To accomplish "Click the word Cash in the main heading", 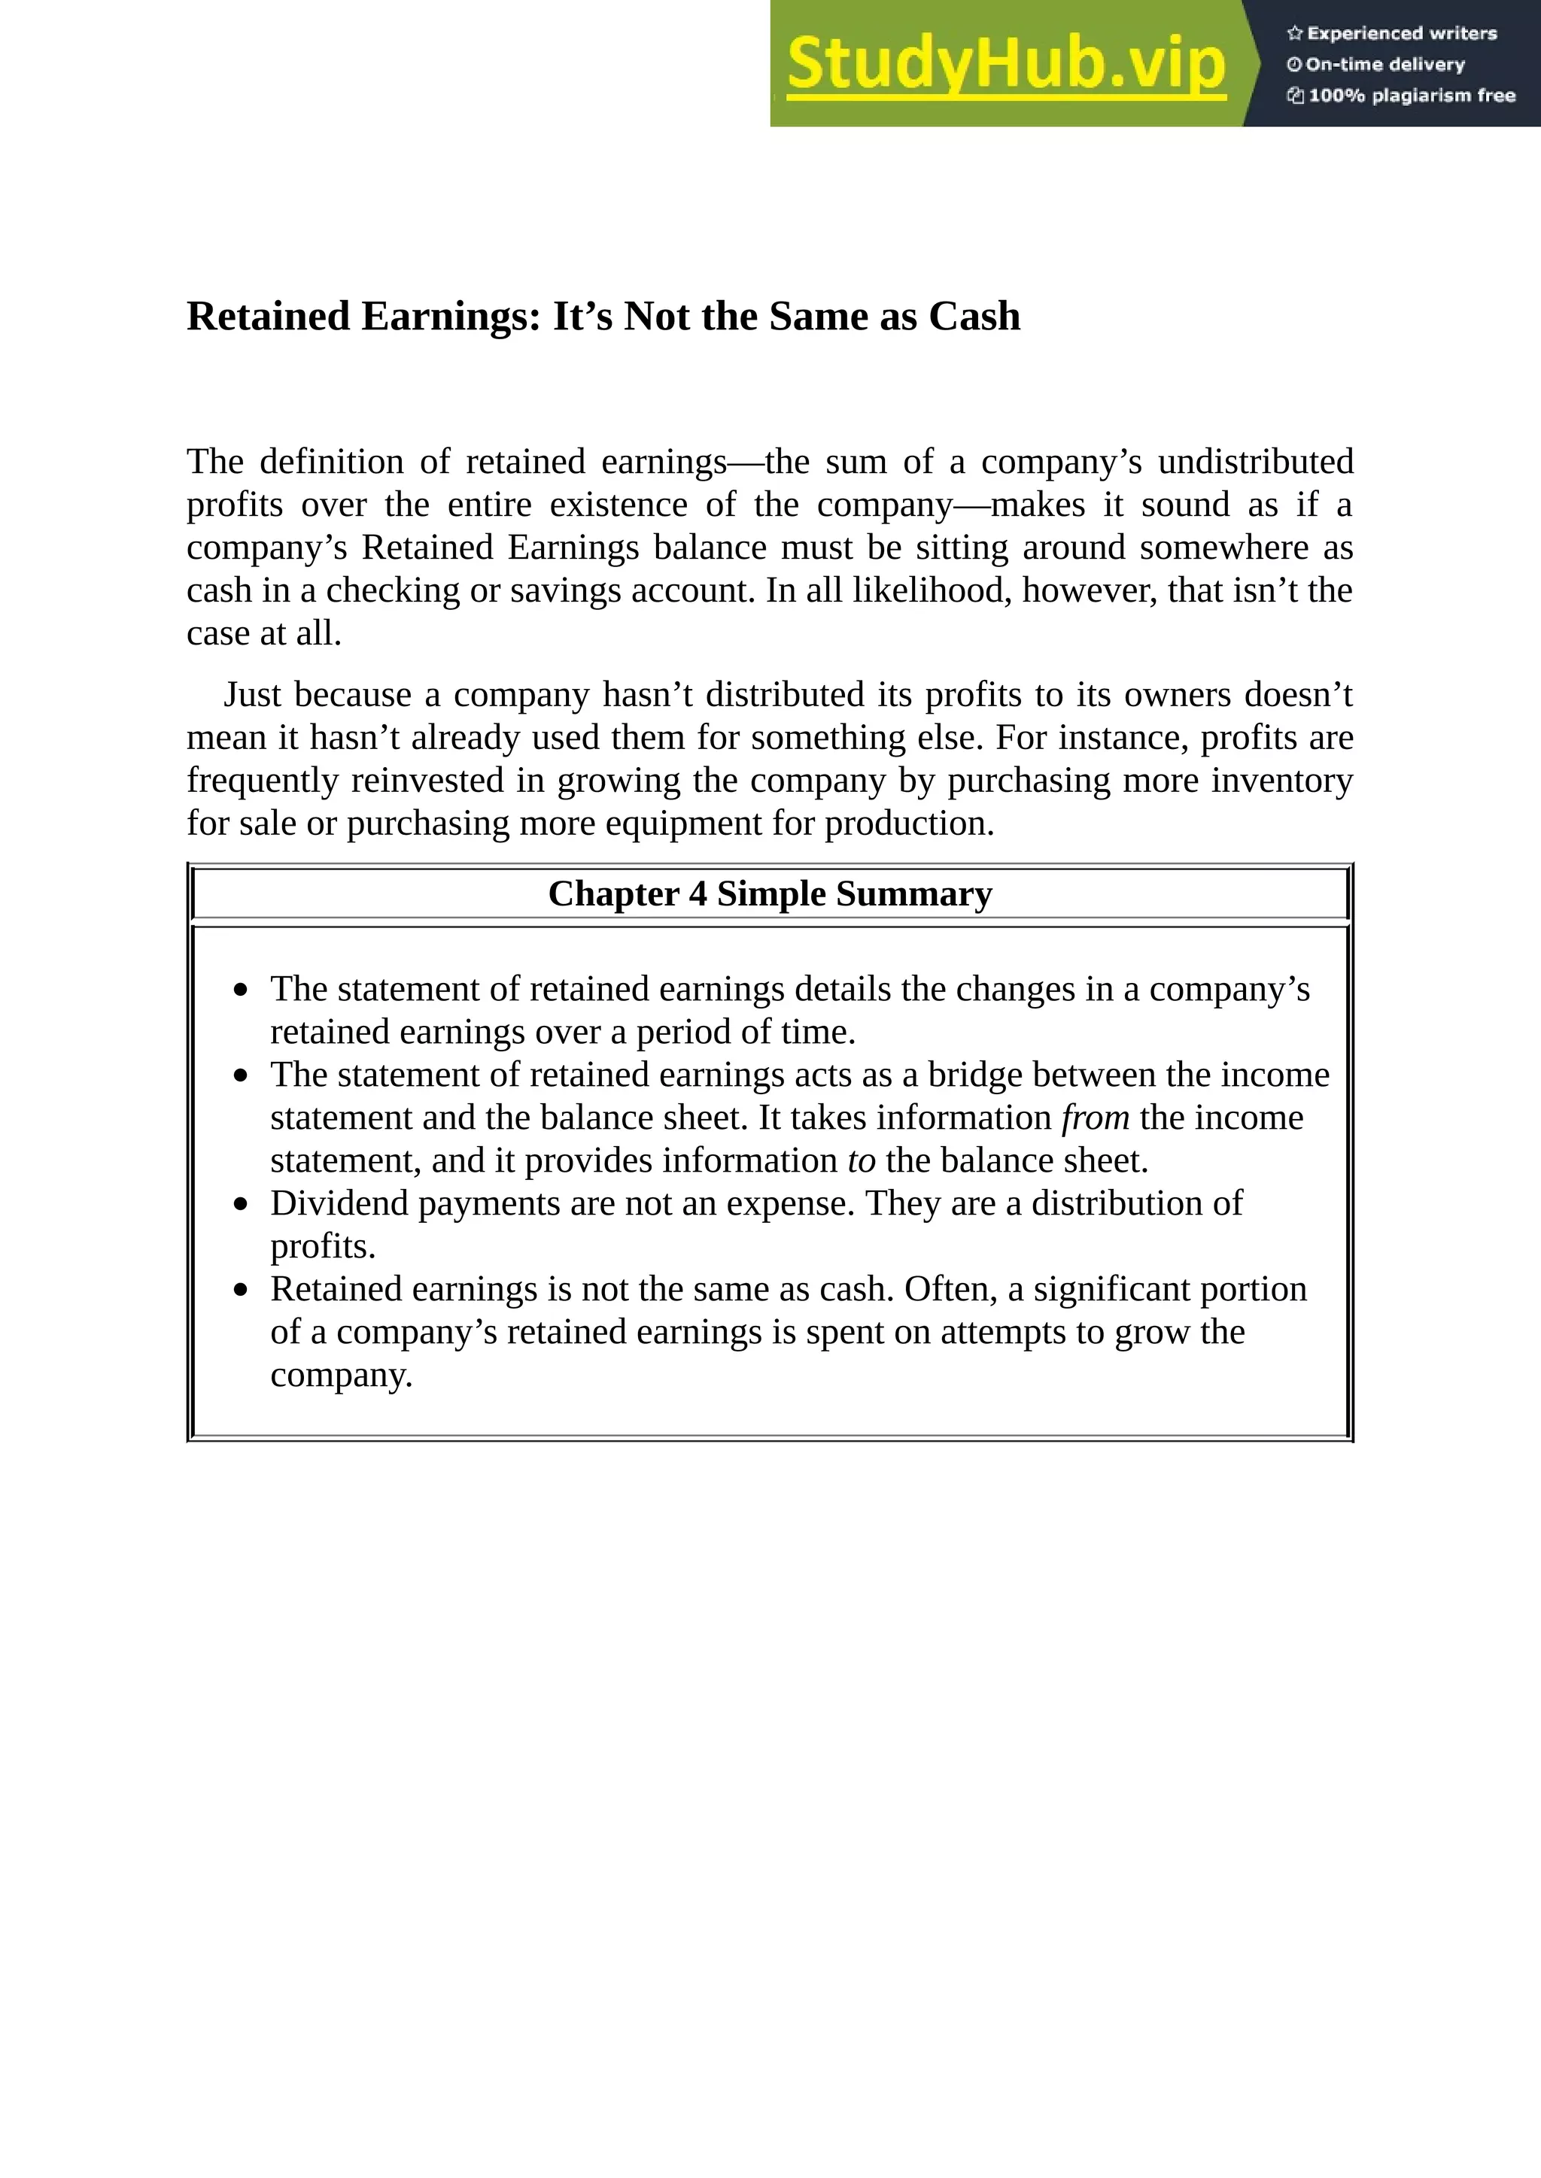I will (974, 316).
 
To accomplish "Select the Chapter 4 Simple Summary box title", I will (770, 893).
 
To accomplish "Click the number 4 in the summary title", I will (698, 893).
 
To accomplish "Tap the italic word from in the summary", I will (1095, 1118).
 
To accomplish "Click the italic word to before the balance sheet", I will (862, 1160).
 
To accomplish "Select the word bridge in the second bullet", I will (974, 1075).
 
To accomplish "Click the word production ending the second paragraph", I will (908, 824).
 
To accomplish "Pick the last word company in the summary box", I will (341, 1375).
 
